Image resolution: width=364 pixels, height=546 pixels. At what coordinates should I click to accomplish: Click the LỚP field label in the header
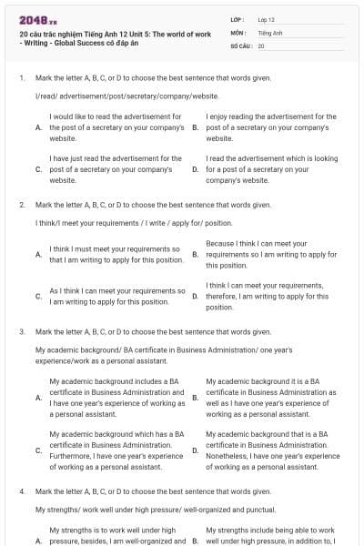238,19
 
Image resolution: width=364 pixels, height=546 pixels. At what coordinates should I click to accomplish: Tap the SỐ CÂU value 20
261,45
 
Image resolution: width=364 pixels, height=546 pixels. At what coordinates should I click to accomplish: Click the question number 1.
22,78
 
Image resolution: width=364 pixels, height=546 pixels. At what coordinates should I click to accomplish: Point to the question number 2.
22,206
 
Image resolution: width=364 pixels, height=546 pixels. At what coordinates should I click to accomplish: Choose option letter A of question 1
38,128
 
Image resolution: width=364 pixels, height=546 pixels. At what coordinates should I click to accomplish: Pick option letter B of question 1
196,128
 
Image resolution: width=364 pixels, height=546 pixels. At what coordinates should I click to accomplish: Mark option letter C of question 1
38,169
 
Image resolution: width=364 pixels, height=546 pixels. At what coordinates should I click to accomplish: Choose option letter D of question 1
196,169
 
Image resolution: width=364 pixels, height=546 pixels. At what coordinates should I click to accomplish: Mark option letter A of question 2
38,255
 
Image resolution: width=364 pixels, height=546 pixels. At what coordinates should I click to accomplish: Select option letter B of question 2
196,255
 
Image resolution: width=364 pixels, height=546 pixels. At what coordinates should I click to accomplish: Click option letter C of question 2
38,296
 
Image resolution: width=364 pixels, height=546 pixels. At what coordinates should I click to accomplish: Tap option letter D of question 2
196,296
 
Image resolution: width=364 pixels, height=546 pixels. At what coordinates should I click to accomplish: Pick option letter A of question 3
38,397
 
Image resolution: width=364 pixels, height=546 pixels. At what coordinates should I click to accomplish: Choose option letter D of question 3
196,451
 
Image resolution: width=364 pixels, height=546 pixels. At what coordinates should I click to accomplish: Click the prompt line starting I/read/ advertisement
126,95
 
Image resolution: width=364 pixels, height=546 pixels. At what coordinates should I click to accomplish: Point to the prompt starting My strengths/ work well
155,510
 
